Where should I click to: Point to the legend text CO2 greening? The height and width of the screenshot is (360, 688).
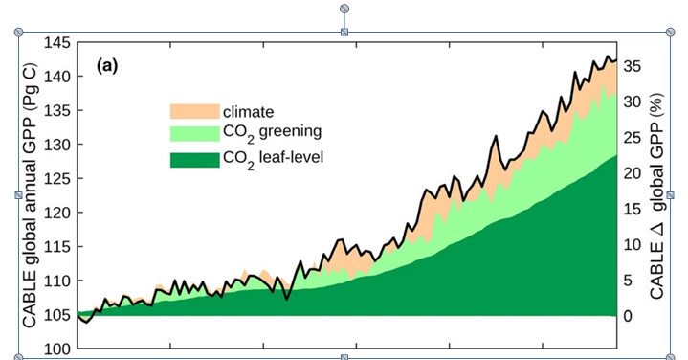point(271,133)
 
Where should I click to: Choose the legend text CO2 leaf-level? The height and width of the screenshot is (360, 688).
point(274,156)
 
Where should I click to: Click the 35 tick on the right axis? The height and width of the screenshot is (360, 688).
point(633,66)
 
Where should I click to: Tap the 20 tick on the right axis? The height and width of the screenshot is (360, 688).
point(633,173)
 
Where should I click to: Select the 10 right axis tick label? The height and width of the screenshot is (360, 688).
point(633,244)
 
